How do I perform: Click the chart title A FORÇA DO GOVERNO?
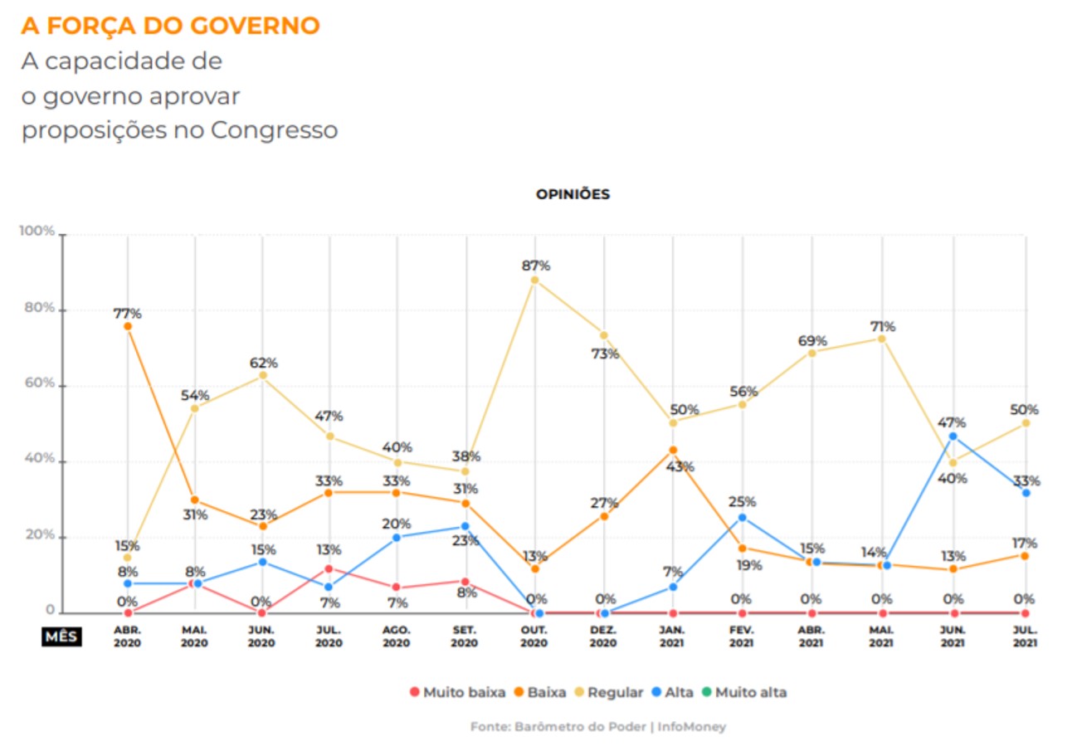(x=170, y=26)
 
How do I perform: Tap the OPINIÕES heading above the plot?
(x=573, y=194)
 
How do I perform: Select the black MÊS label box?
(x=61, y=636)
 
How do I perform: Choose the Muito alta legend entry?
(x=743, y=692)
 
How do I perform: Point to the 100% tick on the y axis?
(x=37, y=231)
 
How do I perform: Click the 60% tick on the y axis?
(x=40, y=383)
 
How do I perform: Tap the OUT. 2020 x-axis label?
(x=534, y=636)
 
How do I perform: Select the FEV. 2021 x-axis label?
(x=742, y=636)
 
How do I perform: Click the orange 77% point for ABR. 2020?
(x=128, y=327)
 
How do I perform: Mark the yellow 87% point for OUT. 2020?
(x=534, y=280)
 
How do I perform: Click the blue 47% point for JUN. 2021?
(x=953, y=436)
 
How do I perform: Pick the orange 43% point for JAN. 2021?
(x=673, y=451)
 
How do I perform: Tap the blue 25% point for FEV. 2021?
(x=743, y=518)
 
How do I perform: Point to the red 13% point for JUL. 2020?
(x=329, y=568)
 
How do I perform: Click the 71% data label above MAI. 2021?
(x=883, y=327)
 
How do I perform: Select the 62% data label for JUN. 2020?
(x=263, y=363)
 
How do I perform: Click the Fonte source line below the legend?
(x=598, y=727)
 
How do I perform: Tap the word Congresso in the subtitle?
(x=274, y=130)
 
